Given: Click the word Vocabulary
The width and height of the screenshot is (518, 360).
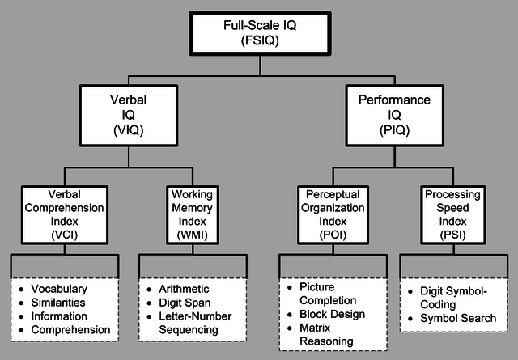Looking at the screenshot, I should tap(59, 289).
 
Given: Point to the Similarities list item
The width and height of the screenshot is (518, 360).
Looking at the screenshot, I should tap(59, 303).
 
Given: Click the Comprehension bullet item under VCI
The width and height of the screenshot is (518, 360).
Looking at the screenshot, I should tap(70, 330).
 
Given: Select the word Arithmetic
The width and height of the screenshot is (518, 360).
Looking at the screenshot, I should tap(184, 289).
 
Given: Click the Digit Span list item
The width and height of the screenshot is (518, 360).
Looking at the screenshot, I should tap(185, 303).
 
